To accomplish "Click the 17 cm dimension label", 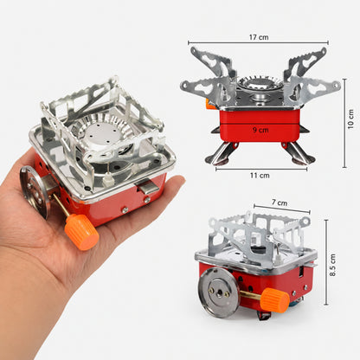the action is coord(259,37).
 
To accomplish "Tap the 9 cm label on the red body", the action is coord(260,130).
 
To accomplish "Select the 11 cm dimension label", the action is coord(260,176).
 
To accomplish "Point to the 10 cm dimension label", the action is coord(350,119).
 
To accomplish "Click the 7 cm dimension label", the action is coord(280,202).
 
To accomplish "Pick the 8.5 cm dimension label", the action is coord(333,265).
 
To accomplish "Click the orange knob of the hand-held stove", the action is coord(81,232).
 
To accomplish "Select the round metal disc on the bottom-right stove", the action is coord(220,292).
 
